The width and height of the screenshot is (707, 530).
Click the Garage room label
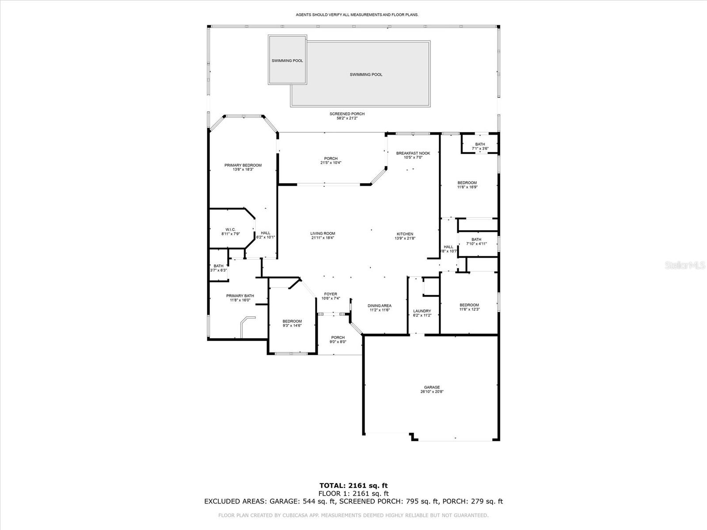click(431, 387)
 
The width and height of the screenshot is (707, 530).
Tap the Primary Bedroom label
click(243, 165)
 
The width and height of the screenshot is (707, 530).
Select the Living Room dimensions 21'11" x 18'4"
click(323, 238)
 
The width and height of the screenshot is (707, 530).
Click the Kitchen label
click(405, 234)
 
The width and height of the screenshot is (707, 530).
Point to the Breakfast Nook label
click(413, 153)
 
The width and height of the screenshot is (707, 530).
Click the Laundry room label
click(422, 311)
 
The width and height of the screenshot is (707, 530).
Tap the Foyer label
click(331, 294)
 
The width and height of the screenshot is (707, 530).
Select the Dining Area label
click(380, 306)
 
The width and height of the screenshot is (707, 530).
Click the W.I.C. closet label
click(230, 230)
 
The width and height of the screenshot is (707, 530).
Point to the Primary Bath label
click(240, 296)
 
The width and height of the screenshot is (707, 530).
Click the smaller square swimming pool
click(287, 61)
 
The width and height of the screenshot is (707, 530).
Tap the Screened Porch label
click(347, 114)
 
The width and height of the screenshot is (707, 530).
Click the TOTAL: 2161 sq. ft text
click(353, 486)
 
